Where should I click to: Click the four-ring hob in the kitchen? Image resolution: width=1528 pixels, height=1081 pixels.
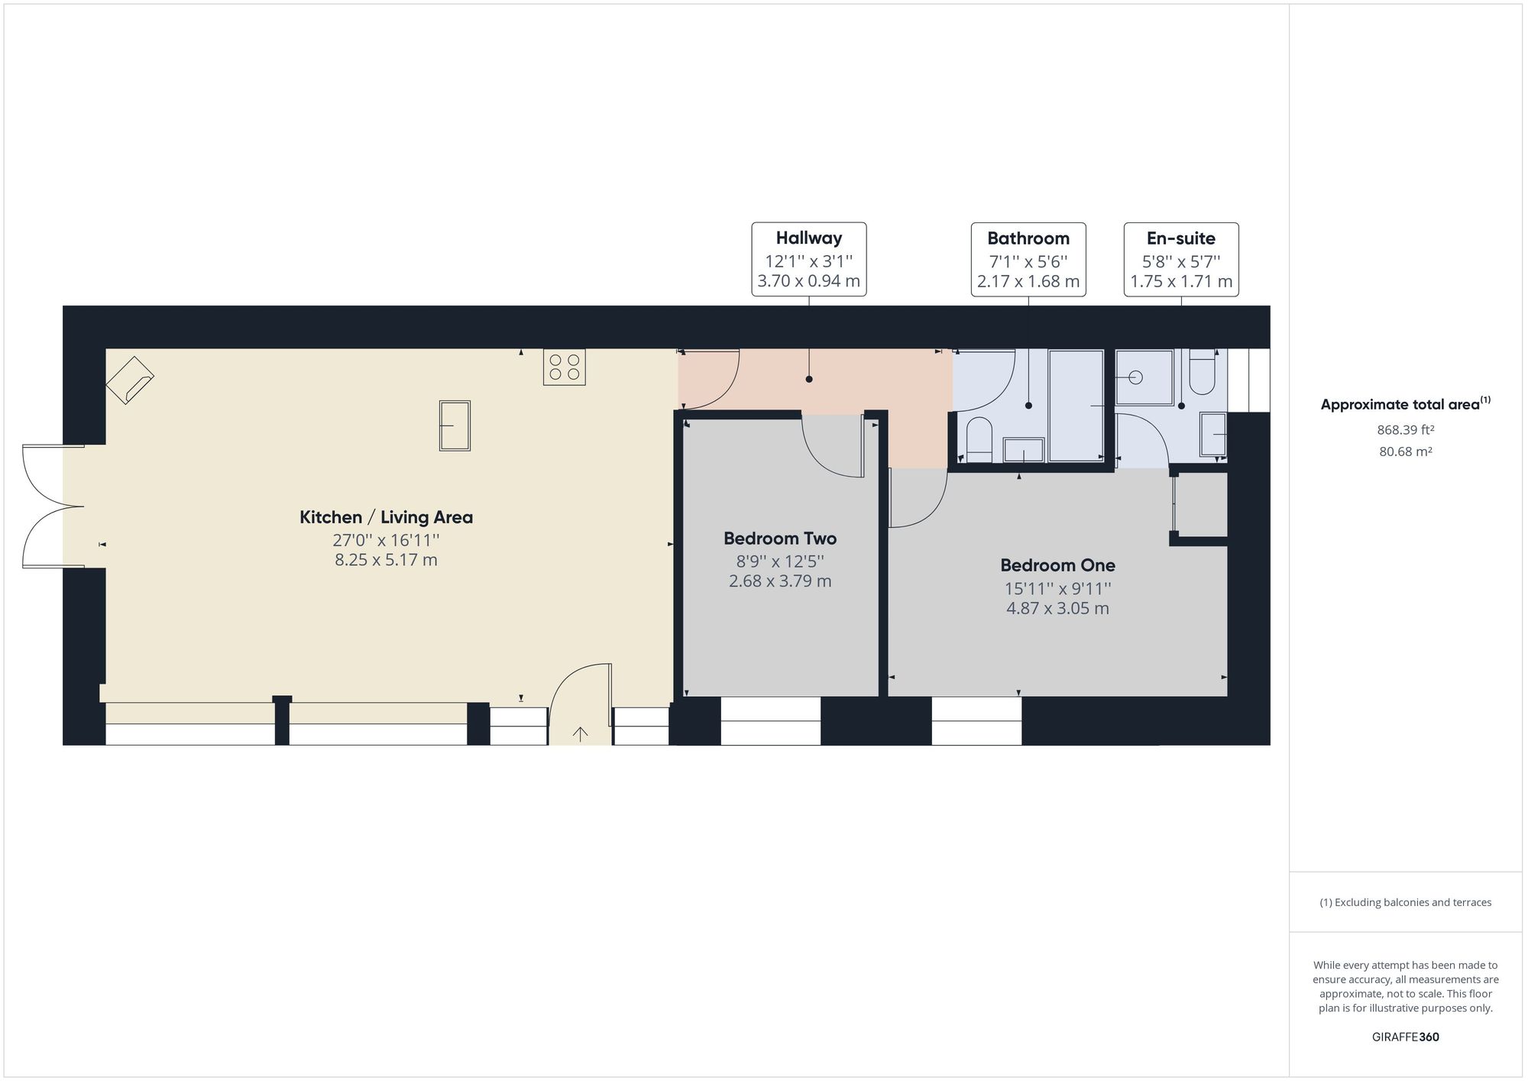click(x=565, y=367)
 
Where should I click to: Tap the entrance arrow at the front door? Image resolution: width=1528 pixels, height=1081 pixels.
click(x=581, y=734)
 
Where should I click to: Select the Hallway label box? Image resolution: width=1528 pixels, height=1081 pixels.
click(x=809, y=260)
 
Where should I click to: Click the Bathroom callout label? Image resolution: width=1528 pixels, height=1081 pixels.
click(x=1028, y=260)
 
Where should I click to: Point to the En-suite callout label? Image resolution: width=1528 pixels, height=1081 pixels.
click(x=1181, y=260)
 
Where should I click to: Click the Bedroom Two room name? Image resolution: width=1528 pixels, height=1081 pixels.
click(x=780, y=539)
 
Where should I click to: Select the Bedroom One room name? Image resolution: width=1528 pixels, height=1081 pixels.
click(x=1057, y=565)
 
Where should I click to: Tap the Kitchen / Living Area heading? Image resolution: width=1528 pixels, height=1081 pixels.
click(x=386, y=517)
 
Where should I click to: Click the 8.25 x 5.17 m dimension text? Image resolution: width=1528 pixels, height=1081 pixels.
click(x=386, y=560)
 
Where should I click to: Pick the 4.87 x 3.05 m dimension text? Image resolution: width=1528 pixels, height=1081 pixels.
click(x=1057, y=609)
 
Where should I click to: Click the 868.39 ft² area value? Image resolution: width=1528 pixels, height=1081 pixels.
click(x=1406, y=430)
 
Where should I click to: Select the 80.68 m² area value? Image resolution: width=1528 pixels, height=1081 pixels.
click(x=1406, y=451)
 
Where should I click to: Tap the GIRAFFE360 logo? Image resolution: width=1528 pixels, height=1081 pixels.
click(x=1406, y=1037)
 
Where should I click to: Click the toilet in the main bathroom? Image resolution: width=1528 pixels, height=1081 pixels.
click(x=979, y=441)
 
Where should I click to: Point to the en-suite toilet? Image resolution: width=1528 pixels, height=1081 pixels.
click(x=1203, y=372)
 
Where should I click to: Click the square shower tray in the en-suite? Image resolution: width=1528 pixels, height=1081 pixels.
click(x=1144, y=377)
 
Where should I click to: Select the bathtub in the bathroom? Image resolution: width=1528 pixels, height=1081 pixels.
click(x=1076, y=406)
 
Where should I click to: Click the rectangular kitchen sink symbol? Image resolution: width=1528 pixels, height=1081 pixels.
click(x=455, y=426)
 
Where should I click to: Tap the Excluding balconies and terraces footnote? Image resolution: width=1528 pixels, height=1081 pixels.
click(x=1406, y=902)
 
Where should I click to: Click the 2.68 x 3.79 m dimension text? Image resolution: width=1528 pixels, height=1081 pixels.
click(x=780, y=581)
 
